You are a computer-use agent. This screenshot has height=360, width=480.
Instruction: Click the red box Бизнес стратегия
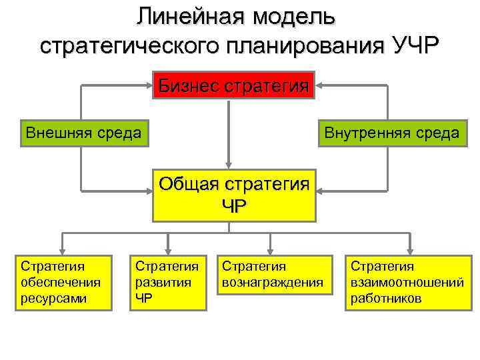click(x=233, y=86)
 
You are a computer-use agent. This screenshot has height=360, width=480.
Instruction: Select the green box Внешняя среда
click(x=83, y=133)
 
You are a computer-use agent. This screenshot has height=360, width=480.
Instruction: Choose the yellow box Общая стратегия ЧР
click(x=233, y=194)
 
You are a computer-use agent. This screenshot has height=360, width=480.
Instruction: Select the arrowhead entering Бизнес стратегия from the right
click(x=319, y=86)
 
